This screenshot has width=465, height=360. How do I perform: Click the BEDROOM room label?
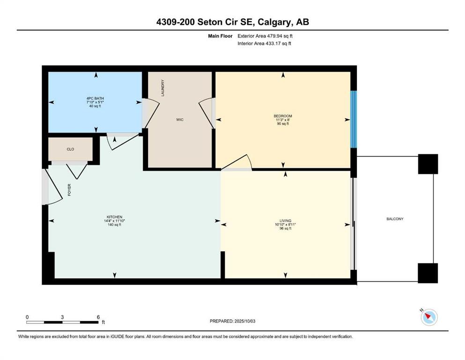click(x=283, y=116)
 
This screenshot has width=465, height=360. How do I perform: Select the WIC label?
click(x=180, y=120)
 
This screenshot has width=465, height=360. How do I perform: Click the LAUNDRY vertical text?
click(x=163, y=88)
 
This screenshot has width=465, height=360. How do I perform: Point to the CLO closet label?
click(x=71, y=149)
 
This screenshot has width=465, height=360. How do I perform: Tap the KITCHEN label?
click(x=113, y=217)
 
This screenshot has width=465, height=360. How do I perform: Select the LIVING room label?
click(x=285, y=221)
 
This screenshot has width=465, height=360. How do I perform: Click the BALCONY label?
click(x=395, y=219)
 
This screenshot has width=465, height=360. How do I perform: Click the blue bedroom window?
click(x=354, y=120)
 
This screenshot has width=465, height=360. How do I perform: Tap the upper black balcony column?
click(x=428, y=164)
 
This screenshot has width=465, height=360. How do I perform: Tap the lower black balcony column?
click(x=428, y=273)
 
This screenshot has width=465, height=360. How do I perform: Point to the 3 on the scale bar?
click(x=62, y=317)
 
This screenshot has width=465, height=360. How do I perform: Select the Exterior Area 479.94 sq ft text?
click(x=266, y=36)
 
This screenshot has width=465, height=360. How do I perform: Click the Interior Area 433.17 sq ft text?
click(x=265, y=44)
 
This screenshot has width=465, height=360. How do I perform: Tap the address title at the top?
click(x=232, y=22)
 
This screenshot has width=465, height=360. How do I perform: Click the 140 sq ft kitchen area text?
click(x=114, y=225)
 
